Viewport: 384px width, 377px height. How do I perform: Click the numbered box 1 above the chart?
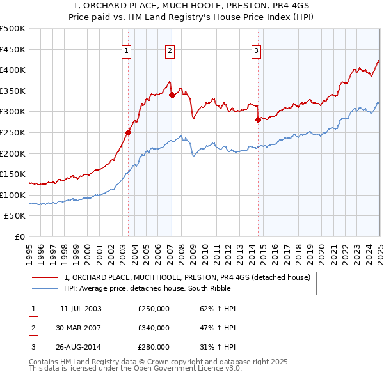pos(126,52)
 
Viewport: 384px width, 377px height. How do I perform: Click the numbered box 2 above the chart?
pos(170,52)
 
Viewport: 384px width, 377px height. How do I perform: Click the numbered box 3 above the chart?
pos(256,52)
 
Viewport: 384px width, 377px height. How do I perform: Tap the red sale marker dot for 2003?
pos(128,133)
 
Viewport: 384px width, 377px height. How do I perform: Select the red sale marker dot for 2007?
pos(172,95)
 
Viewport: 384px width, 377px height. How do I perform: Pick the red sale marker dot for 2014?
pos(258,119)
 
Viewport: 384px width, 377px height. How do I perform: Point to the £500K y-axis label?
pos(13,29)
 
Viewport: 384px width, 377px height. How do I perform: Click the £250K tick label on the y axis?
pos(13,132)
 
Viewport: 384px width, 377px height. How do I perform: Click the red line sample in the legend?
pos(45,277)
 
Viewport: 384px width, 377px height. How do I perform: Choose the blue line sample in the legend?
pos(45,288)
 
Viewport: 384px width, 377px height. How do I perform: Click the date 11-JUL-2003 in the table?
pos(81,309)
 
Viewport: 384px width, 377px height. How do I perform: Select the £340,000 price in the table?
pos(154,328)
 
